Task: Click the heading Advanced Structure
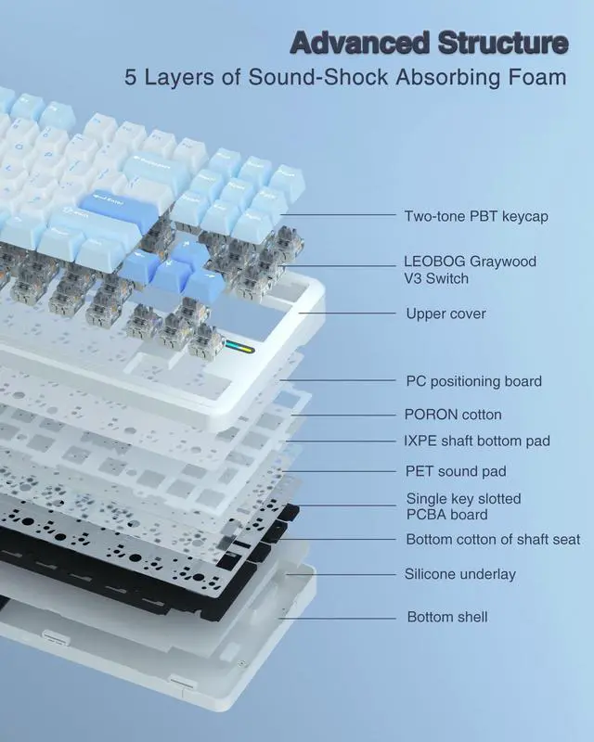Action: pyautogui.click(x=429, y=43)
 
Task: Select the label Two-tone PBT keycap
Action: pyautogui.click(x=476, y=216)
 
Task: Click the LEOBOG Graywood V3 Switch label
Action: pyautogui.click(x=470, y=270)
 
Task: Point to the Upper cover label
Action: pyautogui.click(x=445, y=313)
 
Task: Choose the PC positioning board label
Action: pyautogui.click(x=473, y=381)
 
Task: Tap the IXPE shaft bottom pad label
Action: pyautogui.click(x=477, y=441)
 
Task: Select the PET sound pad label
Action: pyautogui.click(x=456, y=472)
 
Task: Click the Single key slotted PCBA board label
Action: pyautogui.click(x=463, y=506)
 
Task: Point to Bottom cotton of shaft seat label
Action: pyautogui.click(x=493, y=540)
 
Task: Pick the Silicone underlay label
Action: pyautogui.click(x=459, y=574)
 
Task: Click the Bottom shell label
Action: pyautogui.click(x=447, y=617)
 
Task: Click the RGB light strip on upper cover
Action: pyautogui.click(x=239, y=351)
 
